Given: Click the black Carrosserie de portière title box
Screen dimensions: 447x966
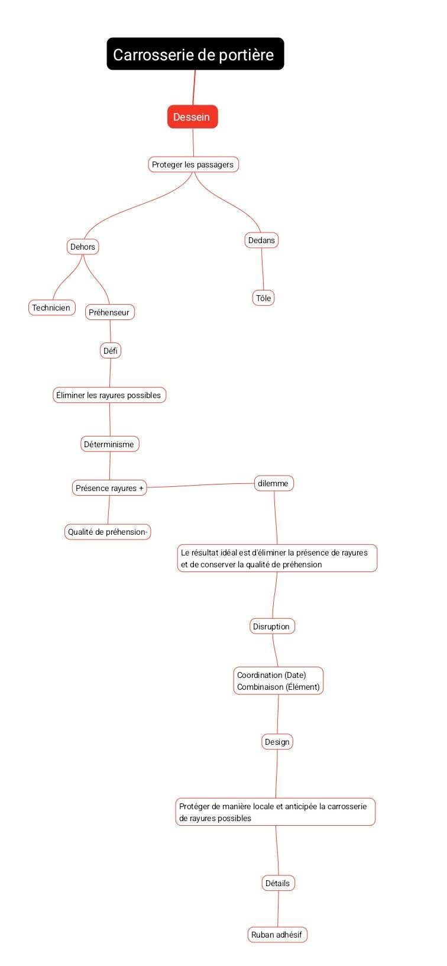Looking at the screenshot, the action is (195, 54).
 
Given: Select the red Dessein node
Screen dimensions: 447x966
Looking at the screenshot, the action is (192, 117).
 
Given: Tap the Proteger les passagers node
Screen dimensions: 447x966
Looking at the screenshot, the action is (193, 164).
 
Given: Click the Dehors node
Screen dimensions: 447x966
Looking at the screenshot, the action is (82, 247).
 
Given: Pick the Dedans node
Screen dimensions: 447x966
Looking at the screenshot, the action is (261, 240).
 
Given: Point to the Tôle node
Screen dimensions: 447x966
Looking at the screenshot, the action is (263, 298).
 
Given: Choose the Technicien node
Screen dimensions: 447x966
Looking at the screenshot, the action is (51, 308).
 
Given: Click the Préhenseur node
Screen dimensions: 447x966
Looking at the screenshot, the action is (109, 312).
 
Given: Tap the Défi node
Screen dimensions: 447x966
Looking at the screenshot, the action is (111, 351).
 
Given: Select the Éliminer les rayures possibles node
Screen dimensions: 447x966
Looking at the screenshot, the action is (109, 395).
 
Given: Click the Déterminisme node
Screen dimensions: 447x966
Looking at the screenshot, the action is (109, 444).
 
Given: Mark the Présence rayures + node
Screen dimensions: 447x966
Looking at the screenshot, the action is (109, 488).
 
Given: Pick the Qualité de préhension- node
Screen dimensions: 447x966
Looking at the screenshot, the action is (108, 532).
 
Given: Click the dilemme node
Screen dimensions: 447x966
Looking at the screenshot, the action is (274, 483).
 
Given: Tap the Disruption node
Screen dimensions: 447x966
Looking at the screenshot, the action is (272, 626).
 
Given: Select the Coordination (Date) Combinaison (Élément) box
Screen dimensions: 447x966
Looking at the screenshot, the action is (278, 681).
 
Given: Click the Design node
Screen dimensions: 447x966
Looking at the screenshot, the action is (277, 742).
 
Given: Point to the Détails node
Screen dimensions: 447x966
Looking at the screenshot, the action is (278, 883).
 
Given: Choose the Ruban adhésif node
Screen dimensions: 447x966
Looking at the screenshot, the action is (277, 935).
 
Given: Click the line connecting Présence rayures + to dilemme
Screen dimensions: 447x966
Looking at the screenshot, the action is (200, 485).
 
